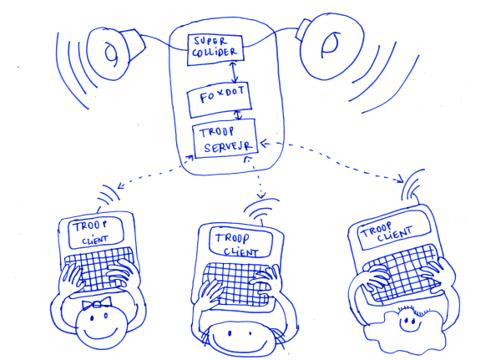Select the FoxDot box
coord(218,99)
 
